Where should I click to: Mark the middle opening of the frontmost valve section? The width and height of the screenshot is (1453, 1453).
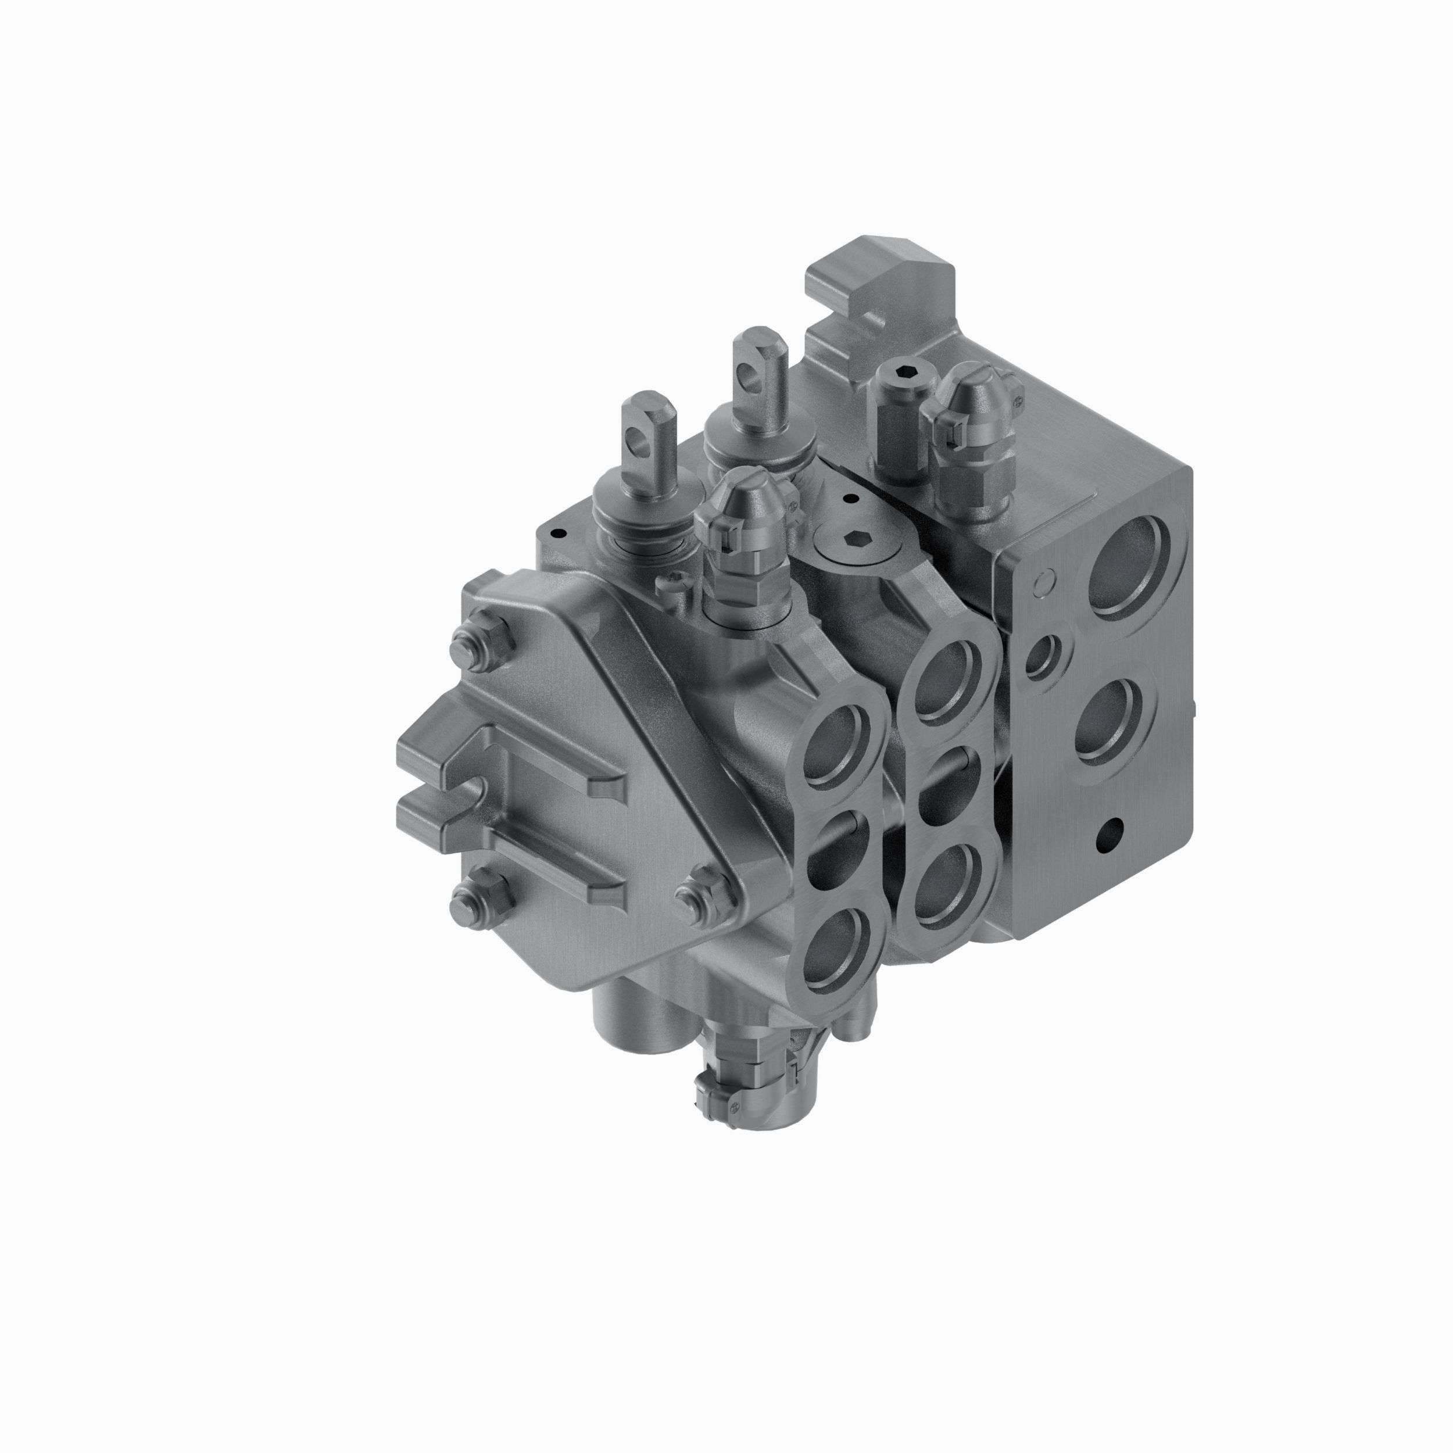point(839,850)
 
